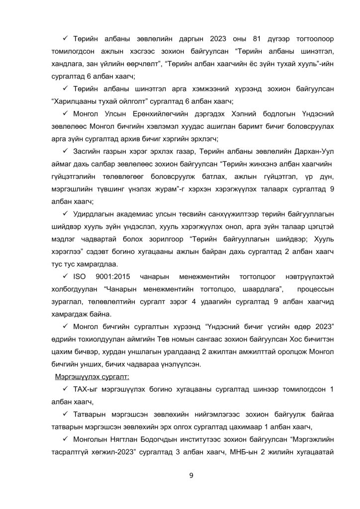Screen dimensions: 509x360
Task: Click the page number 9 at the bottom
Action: (191, 476)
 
